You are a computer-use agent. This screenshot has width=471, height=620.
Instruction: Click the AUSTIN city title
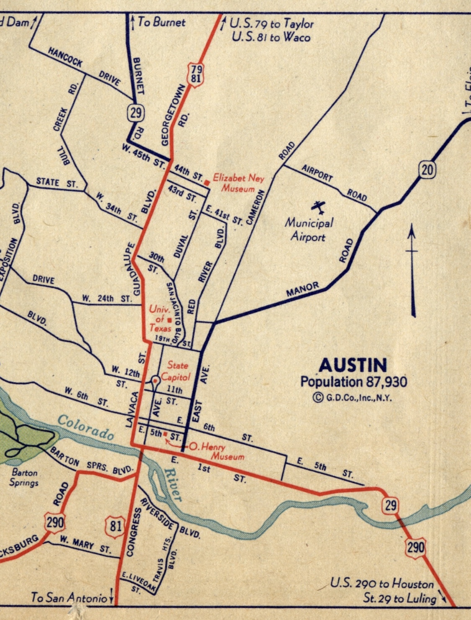tap(353, 365)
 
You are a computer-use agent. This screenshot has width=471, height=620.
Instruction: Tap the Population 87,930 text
tap(353, 382)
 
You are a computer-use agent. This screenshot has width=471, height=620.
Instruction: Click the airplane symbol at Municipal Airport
tap(318, 207)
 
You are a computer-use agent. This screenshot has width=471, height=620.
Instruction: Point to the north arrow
tap(412, 270)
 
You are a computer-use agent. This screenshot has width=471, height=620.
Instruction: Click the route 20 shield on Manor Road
tap(427, 170)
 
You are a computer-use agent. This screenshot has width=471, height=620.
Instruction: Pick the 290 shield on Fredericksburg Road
tap(55, 523)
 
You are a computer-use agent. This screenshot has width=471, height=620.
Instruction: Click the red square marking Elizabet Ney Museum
tap(207, 183)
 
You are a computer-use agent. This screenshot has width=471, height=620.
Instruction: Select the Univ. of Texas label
tap(160, 319)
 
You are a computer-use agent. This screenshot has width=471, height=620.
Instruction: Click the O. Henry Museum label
tap(216, 451)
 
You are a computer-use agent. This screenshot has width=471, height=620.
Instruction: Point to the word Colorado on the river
tap(85, 427)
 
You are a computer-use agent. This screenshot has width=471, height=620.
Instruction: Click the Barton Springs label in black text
tap(25, 478)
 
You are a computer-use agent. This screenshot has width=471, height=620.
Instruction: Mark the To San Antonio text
tap(69, 597)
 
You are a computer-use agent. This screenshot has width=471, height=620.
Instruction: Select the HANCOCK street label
tap(65, 57)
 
